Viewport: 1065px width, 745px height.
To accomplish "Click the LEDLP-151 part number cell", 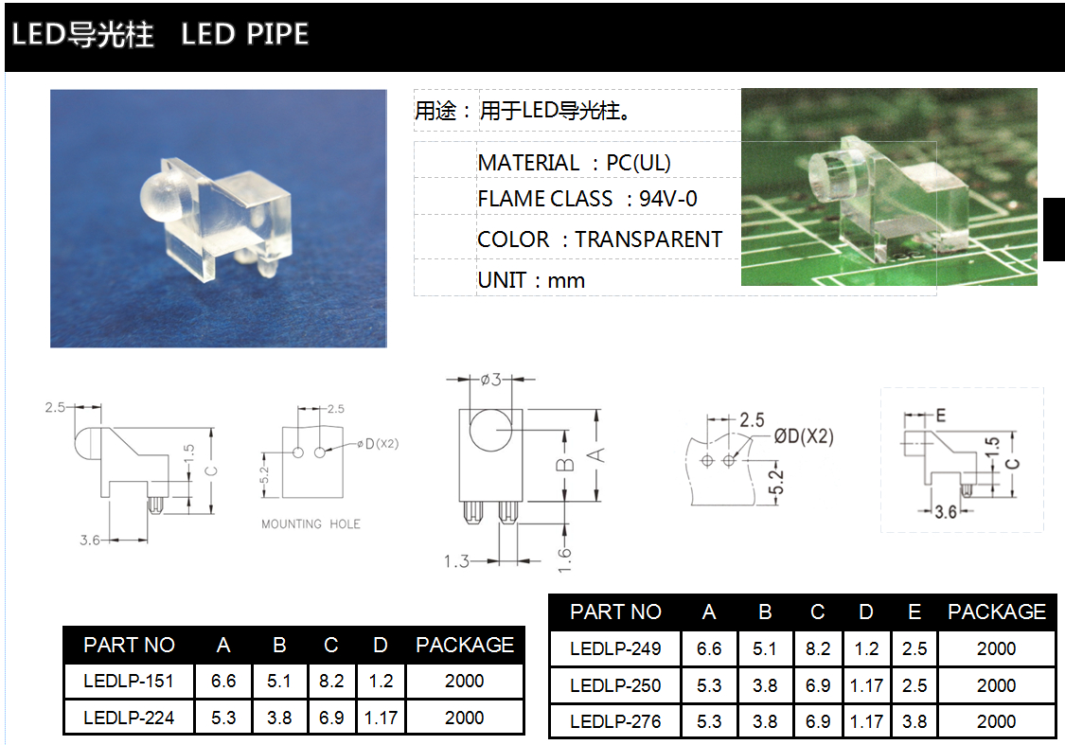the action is [x=129, y=681].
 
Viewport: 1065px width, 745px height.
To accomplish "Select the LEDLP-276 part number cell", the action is [x=615, y=721].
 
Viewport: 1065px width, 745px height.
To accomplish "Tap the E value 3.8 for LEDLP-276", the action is [x=914, y=721].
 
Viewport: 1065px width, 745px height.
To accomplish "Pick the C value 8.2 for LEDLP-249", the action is [x=818, y=648].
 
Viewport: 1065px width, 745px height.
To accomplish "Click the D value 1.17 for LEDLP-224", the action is [x=381, y=718].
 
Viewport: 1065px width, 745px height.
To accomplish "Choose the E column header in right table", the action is [x=914, y=612].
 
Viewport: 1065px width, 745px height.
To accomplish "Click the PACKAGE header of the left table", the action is [x=465, y=645].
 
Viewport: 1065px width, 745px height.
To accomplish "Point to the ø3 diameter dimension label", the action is [x=491, y=379].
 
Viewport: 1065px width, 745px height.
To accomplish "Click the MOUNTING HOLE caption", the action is [x=311, y=523].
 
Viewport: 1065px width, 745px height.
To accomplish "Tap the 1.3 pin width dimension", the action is [x=456, y=561].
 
